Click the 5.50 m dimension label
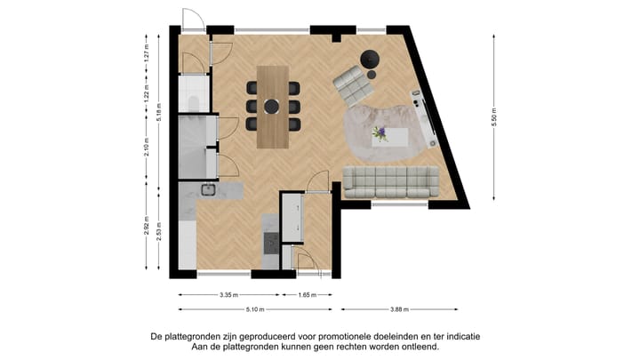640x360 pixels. pos(494,117)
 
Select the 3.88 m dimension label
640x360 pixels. pos(399,310)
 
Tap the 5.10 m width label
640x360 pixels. pos(254,310)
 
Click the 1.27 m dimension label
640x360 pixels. pos(146,54)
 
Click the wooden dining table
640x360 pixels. pos(273,107)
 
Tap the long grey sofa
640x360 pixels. pos(390,182)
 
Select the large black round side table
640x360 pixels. pos(371,60)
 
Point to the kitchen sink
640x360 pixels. pos(209,188)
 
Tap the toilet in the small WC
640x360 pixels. pos(195,104)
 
